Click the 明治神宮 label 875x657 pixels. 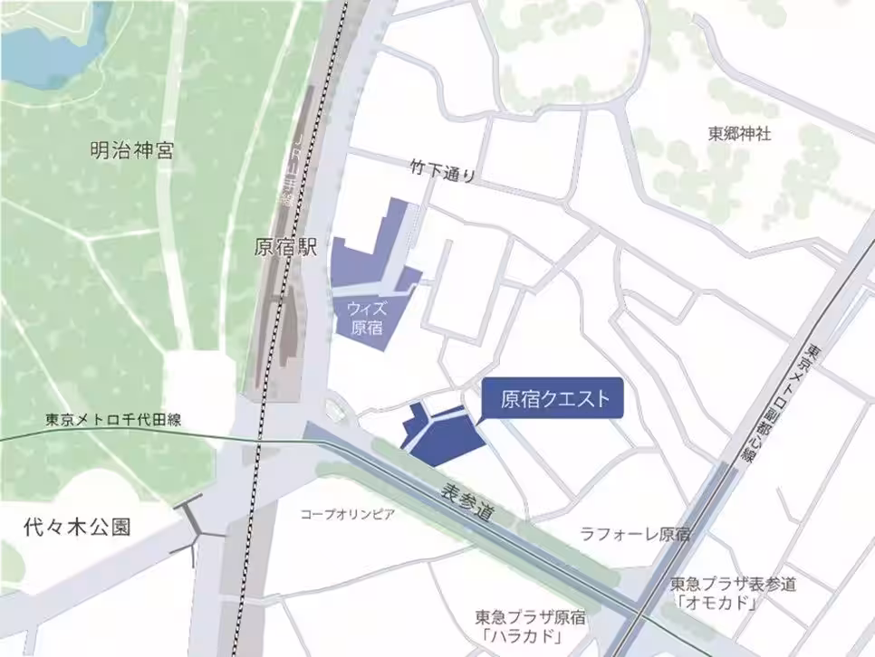(x=132, y=150)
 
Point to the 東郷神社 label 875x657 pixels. (x=739, y=133)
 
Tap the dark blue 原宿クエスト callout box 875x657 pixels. (x=554, y=398)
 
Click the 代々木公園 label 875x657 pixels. (x=79, y=528)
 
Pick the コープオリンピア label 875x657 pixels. (x=348, y=515)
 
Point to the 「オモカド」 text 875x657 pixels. (x=717, y=603)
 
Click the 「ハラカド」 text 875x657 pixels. (x=523, y=637)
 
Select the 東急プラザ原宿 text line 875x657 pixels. (x=531, y=617)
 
